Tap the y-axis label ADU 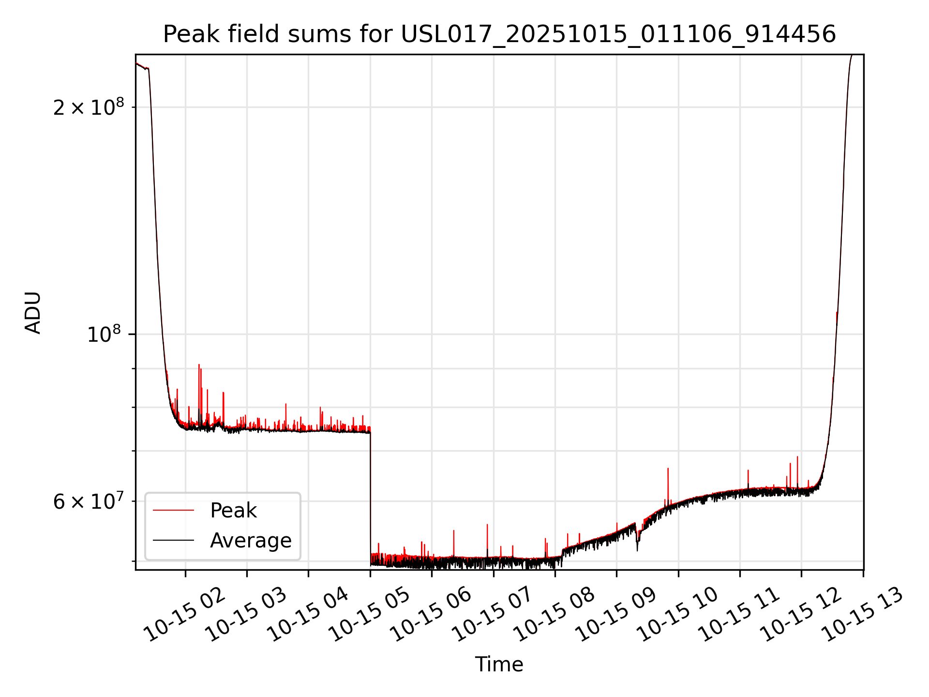(x=33, y=313)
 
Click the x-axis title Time (x=499, y=665)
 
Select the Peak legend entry (x=233, y=511)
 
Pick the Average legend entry (x=251, y=541)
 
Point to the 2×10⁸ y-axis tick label (x=89, y=107)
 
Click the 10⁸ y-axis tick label (x=104, y=334)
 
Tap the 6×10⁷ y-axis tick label (x=89, y=501)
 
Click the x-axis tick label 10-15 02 (x=185, y=615)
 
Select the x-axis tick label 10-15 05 (x=370, y=615)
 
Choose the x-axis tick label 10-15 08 (x=555, y=615)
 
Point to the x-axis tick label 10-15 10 (x=678, y=615)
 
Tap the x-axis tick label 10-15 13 (x=863, y=615)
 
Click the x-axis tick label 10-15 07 (x=493, y=615)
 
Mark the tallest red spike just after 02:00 (x=199, y=366)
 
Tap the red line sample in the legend (x=173, y=511)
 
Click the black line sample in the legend (x=173, y=541)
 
